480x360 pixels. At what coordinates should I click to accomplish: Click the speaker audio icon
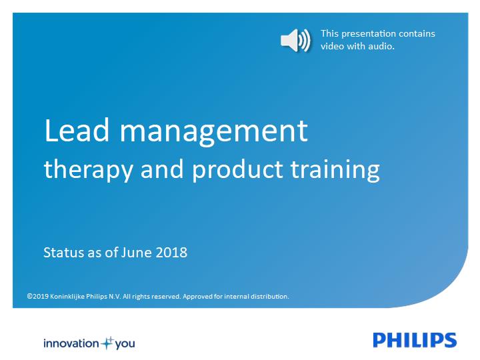pyautogui.click(x=295, y=41)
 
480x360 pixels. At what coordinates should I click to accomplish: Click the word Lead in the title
pyautogui.click(x=77, y=130)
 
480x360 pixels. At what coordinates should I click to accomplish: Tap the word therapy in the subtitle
pyautogui.click(x=89, y=170)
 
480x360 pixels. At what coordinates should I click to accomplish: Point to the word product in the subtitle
pyautogui.click(x=237, y=170)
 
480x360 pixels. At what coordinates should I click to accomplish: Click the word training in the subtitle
pyautogui.click(x=335, y=170)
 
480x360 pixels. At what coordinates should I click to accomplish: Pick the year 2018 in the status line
pyautogui.click(x=171, y=253)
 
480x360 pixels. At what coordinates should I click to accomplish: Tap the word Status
pyautogui.click(x=63, y=253)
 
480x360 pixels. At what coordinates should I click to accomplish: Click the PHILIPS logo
pyautogui.click(x=415, y=340)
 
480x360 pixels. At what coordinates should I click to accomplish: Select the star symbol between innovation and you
pyautogui.click(x=107, y=343)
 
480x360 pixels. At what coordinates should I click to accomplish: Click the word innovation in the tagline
pyautogui.click(x=71, y=343)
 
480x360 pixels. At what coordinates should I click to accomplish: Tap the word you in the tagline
pyautogui.click(x=125, y=344)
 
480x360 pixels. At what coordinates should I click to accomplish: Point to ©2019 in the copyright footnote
pyautogui.click(x=37, y=296)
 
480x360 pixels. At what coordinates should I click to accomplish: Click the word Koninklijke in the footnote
pyautogui.click(x=67, y=296)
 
